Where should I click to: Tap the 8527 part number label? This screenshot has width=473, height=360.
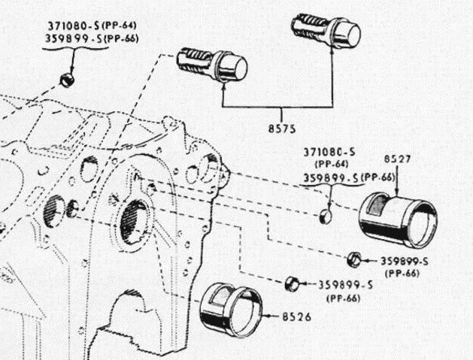point(396,159)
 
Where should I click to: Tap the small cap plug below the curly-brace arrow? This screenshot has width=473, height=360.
point(67,78)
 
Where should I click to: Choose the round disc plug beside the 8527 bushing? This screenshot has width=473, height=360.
point(324,218)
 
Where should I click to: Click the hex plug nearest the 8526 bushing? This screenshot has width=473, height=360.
point(293,284)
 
